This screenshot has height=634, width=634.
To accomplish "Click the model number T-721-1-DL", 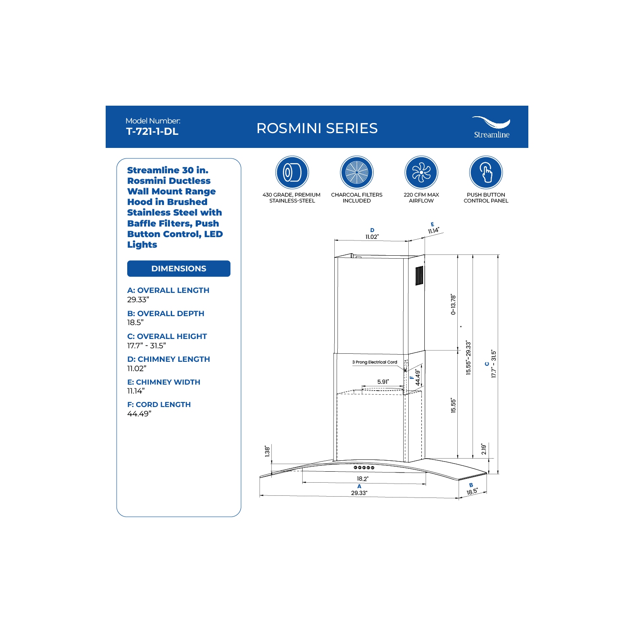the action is tap(152, 131).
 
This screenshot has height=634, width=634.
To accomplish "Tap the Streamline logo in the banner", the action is tap(491, 127).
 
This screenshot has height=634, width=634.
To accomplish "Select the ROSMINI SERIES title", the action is tap(317, 128).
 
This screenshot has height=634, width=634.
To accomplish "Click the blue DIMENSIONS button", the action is tap(179, 269).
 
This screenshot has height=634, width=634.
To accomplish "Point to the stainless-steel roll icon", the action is tap(292, 172).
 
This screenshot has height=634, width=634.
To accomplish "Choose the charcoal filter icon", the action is tap(357, 172).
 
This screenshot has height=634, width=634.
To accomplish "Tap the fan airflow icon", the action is tap(421, 172).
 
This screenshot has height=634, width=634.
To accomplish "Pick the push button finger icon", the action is tap(486, 172).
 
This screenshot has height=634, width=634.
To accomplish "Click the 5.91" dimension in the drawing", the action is tap(383, 382).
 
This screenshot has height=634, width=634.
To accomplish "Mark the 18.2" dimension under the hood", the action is tap(363, 479).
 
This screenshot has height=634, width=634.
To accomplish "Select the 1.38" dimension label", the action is tap(267, 451).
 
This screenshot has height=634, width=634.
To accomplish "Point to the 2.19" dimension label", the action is tap(484, 449).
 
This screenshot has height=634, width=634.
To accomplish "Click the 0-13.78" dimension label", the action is tap(454, 304).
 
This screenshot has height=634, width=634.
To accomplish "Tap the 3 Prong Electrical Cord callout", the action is tap(375, 362).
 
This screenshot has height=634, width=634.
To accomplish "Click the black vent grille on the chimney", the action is tap(419, 275).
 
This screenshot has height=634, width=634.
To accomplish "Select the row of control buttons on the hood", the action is tap(364, 468).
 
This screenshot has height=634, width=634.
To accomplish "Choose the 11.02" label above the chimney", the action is tap(372, 237).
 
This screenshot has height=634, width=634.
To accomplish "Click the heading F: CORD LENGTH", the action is tap(159, 404).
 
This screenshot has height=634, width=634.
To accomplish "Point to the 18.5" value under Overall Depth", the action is tap(135, 322).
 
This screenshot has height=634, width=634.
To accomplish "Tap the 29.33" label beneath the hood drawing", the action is tap(359, 493).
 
